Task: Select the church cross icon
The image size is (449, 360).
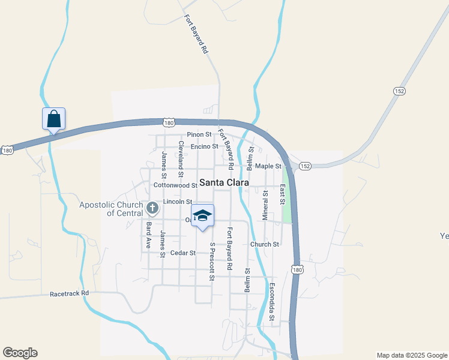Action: [152, 208]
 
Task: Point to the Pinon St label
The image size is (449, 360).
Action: [199, 134]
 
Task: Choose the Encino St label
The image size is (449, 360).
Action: [205, 146]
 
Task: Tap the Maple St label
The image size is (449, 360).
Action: [268, 166]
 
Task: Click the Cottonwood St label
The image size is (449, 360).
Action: [175, 186]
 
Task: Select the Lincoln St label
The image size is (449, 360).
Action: [177, 202]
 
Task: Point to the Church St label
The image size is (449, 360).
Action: [265, 244]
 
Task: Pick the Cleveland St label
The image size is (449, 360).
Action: [179, 154]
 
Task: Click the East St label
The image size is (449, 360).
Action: [282, 194]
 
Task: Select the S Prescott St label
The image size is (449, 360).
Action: [212, 261]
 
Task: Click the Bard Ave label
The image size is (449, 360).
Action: [148, 235]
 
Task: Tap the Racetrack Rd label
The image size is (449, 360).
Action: [69, 293]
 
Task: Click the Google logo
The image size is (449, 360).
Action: [20, 353]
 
